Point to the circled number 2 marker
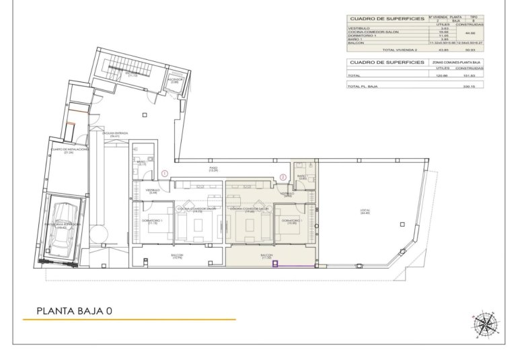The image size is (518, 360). pos(283,177)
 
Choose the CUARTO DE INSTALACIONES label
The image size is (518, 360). pos(68,150)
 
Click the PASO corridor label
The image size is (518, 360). pos(213,169)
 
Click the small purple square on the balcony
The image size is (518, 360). pos(275,264)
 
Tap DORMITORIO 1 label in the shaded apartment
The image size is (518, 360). pos(291,221)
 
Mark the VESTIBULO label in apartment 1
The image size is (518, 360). pos(153,190)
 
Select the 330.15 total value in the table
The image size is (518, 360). pos(469,86)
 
